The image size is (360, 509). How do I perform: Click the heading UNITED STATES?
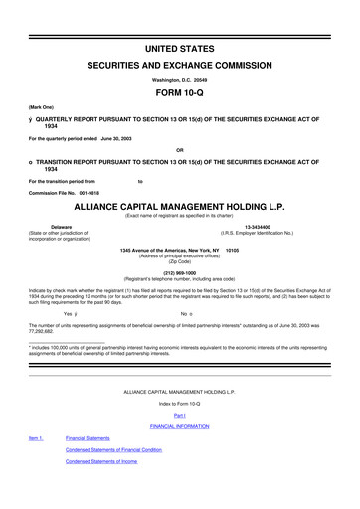[180, 48]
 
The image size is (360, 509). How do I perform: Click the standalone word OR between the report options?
[180, 151]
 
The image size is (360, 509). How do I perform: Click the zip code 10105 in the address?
[234, 249]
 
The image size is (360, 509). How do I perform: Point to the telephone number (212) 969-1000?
[180, 270]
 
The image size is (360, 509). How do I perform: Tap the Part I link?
[180, 415]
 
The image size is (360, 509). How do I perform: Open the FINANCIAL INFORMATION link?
[180, 425]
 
